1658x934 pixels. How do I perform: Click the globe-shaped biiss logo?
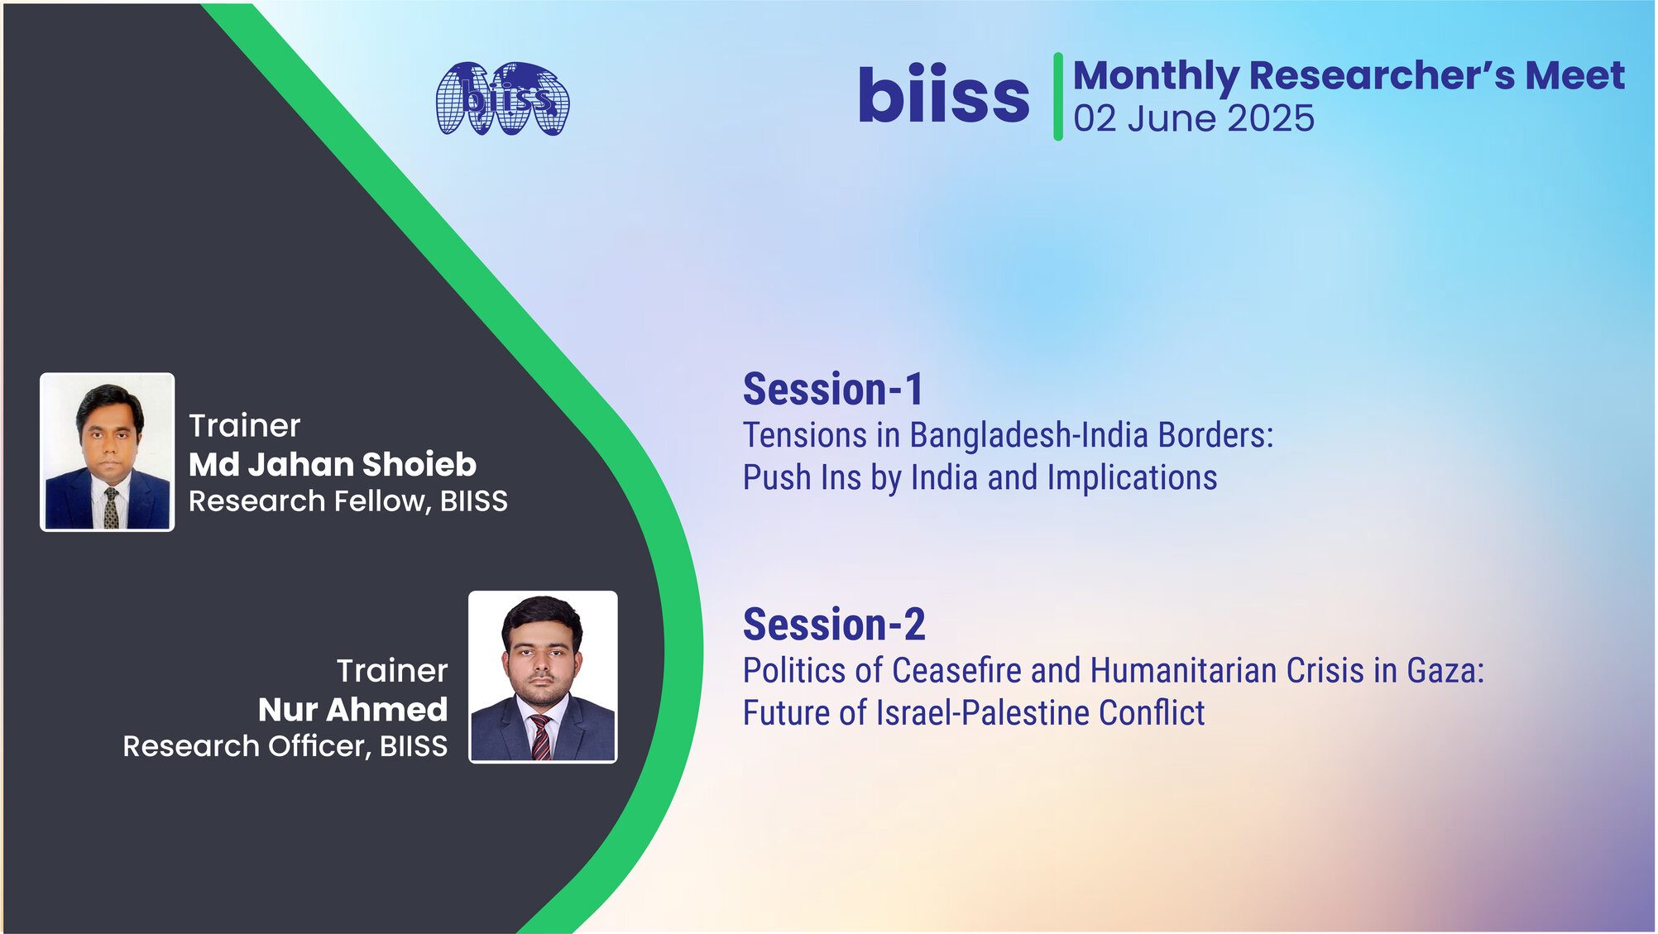(x=503, y=98)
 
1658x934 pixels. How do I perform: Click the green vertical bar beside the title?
(x=1058, y=97)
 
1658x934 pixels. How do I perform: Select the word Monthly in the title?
(x=1156, y=77)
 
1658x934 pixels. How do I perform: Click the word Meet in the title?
(x=1575, y=75)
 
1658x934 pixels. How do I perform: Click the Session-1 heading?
(x=833, y=389)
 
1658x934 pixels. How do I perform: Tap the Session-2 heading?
(x=834, y=624)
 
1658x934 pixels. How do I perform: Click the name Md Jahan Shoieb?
(x=333, y=464)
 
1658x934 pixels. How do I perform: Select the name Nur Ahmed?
(x=352, y=709)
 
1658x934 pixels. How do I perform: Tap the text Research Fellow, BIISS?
(x=348, y=501)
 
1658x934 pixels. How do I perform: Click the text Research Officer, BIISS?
(x=285, y=746)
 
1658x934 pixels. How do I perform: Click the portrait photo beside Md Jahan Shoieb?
(x=108, y=452)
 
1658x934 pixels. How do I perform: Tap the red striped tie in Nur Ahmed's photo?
(x=540, y=737)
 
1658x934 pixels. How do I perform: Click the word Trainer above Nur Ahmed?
(x=392, y=671)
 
